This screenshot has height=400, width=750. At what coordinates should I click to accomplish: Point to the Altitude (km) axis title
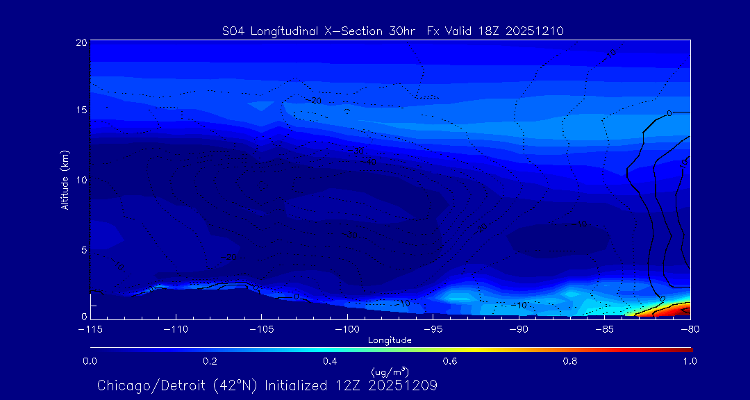coord(65,179)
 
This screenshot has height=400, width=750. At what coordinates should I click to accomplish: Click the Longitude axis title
coord(390,340)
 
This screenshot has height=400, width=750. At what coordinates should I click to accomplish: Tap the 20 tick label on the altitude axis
coord(81,42)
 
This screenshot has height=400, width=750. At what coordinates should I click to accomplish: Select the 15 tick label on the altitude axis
coord(81,110)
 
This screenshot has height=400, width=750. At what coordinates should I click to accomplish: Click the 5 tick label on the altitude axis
coord(84,249)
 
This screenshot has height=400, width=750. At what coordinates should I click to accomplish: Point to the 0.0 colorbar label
coord(90,361)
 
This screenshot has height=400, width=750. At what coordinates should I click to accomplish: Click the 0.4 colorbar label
coord(330,361)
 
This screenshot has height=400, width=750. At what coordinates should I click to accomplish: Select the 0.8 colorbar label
coord(570,361)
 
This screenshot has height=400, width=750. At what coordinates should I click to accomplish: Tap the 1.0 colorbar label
coord(690,361)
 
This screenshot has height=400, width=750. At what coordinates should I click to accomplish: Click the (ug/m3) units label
coord(390,373)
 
